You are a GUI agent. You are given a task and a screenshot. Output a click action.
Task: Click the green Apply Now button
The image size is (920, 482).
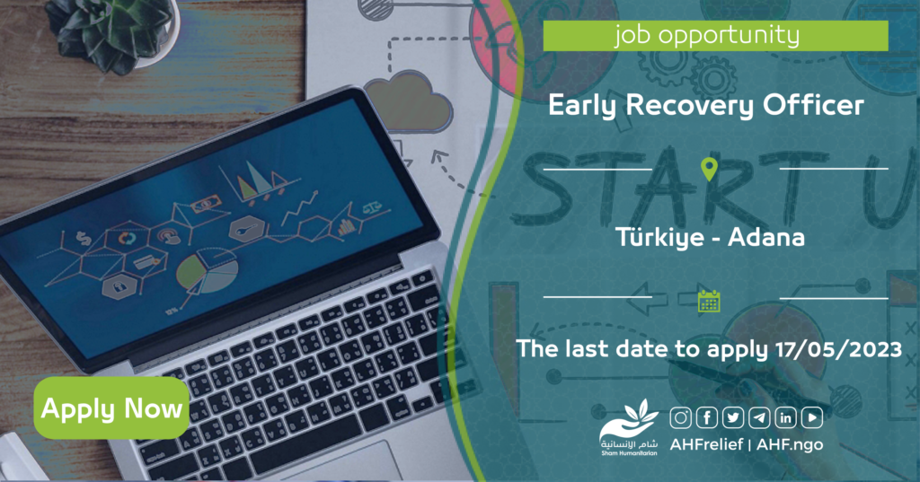coord(111,408)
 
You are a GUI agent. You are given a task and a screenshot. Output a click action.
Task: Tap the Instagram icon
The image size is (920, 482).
coord(681,417)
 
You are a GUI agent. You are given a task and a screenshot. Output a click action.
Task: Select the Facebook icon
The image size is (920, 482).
coord(707,417)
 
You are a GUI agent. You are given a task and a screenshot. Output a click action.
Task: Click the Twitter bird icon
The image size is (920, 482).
coord(733,417)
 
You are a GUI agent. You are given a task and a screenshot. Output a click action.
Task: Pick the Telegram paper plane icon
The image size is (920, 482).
coord(759,417)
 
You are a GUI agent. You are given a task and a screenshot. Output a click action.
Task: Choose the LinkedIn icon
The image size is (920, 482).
coord(785,417)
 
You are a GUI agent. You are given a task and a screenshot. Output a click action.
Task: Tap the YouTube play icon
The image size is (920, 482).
coord(812,417)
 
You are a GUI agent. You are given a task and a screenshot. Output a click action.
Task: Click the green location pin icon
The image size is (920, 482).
coord(710,170)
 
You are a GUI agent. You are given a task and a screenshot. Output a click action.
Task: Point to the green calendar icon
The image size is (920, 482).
coord(709,302)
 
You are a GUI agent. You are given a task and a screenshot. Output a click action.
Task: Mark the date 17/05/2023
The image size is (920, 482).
coord(838,349)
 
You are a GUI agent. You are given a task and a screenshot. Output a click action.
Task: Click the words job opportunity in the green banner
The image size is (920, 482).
coord(707,36)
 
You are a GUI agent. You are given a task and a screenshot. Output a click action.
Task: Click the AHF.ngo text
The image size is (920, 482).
coord(790,444)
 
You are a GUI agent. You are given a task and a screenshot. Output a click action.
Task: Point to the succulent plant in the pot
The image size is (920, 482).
coord(111,32)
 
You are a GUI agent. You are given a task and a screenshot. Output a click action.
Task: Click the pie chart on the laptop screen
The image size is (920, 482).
coord(208,272)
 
